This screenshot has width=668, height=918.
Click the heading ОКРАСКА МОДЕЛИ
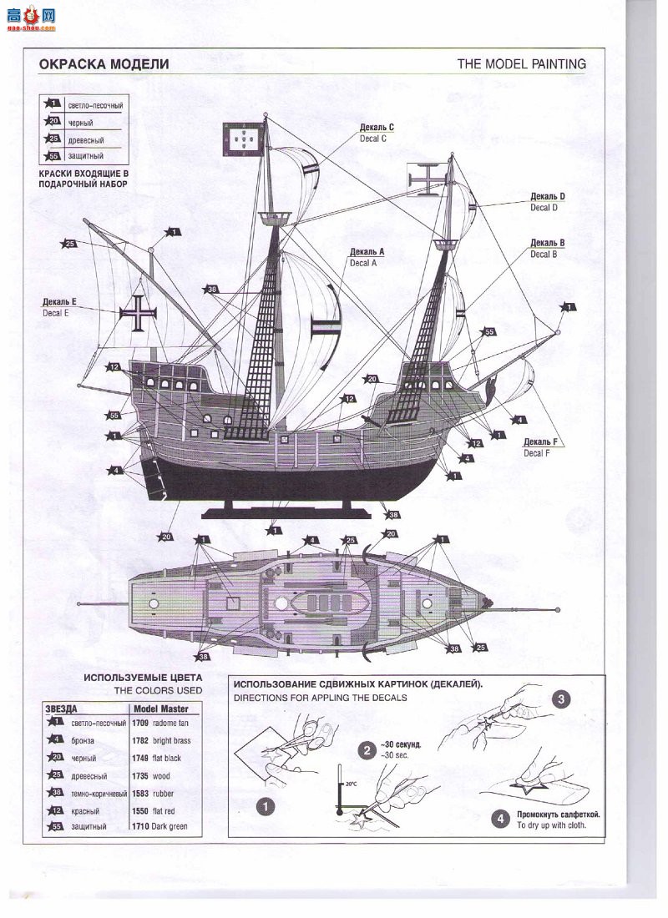pyautogui.click(x=104, y=64)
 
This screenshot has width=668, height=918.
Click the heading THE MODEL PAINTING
pyautogui.click(x=521, y=64)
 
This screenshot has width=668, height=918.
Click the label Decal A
pyautogui.click(x=364, y=262)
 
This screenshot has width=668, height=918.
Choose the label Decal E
pyautogui.click(x=56, y=313)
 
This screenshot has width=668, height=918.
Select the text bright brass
pyautogui.click(x=172, y=740)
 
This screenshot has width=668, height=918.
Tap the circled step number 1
pyautogui.click(x=265, y=806)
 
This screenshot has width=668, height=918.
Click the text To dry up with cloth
pyautogui.click(x=551, y=825)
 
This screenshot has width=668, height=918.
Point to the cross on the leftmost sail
pyautogui.click(x=134, y=315)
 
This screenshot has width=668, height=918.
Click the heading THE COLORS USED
pyautogui.click(x=158, y=691)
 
